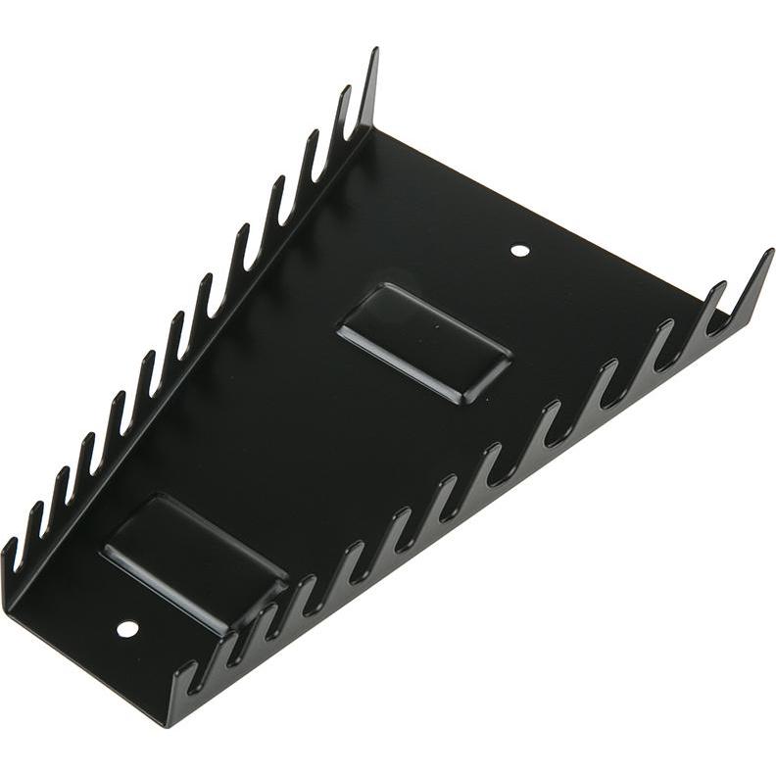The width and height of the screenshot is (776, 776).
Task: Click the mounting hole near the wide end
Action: pyautogui.click(x=520, y=251)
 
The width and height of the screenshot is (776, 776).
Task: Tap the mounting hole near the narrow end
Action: pyautogui.click(x=126, y=628)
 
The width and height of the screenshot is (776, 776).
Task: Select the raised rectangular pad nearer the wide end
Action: pyautogui.click(x=423, y=342)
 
